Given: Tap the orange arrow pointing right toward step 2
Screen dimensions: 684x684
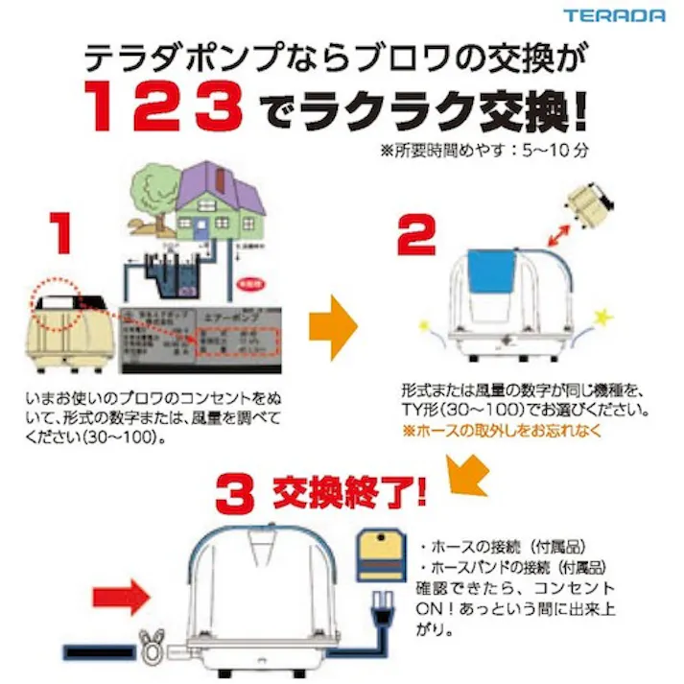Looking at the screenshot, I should point(333,327).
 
